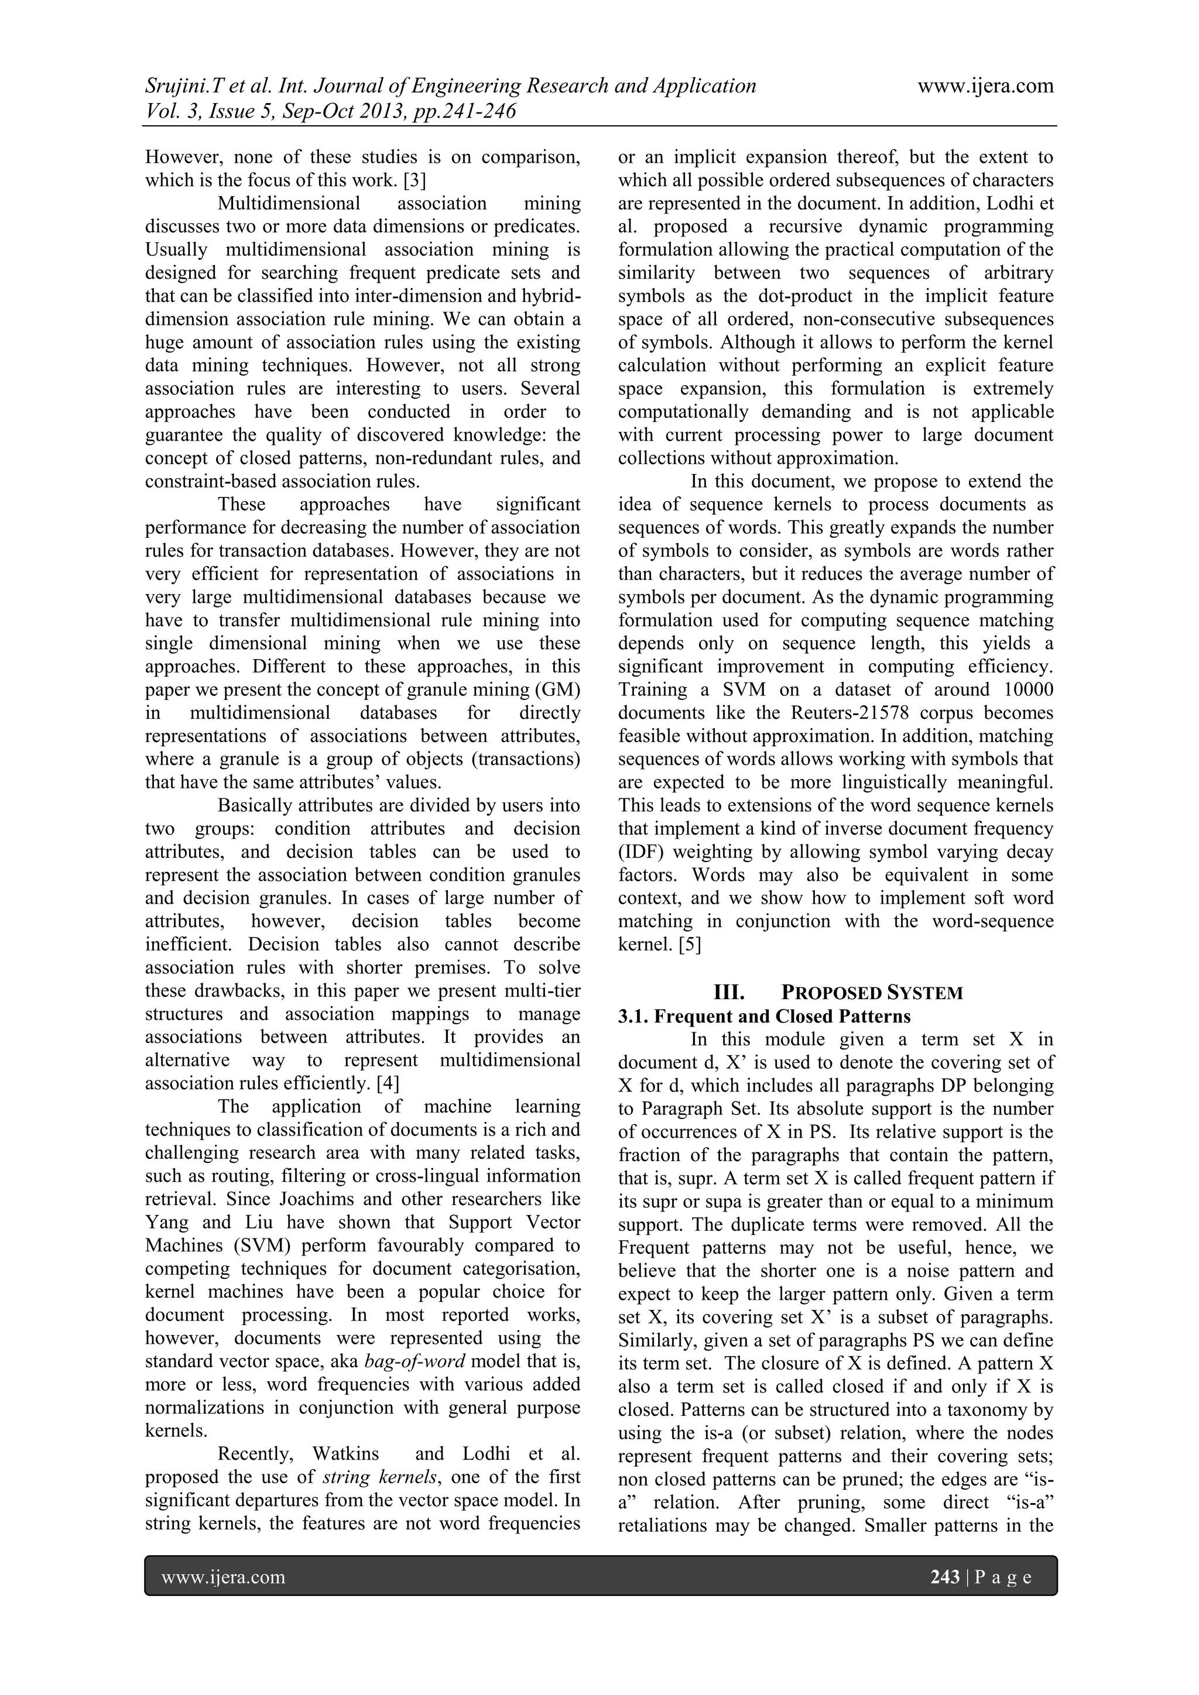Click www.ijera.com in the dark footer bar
(223, 1577)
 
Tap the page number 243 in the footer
(944, 1577)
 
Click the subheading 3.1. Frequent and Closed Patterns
(764, 1016)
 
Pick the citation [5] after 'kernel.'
(689, 944)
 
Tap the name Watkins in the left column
(345, 1454)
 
